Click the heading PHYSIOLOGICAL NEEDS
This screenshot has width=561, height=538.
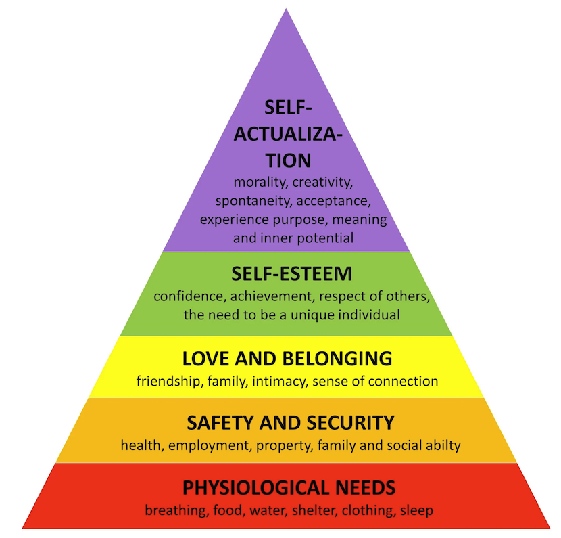(289, 487)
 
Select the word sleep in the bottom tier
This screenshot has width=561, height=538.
(417, 510)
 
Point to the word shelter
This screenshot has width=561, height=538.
(316, 510)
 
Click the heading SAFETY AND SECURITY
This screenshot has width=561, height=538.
(289, 423)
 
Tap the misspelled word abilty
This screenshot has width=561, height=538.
(443, 445)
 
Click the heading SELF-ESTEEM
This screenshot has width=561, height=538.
(291, 273)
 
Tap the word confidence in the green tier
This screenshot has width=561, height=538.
(187, 296)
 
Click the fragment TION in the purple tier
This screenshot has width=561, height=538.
(289, 161)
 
